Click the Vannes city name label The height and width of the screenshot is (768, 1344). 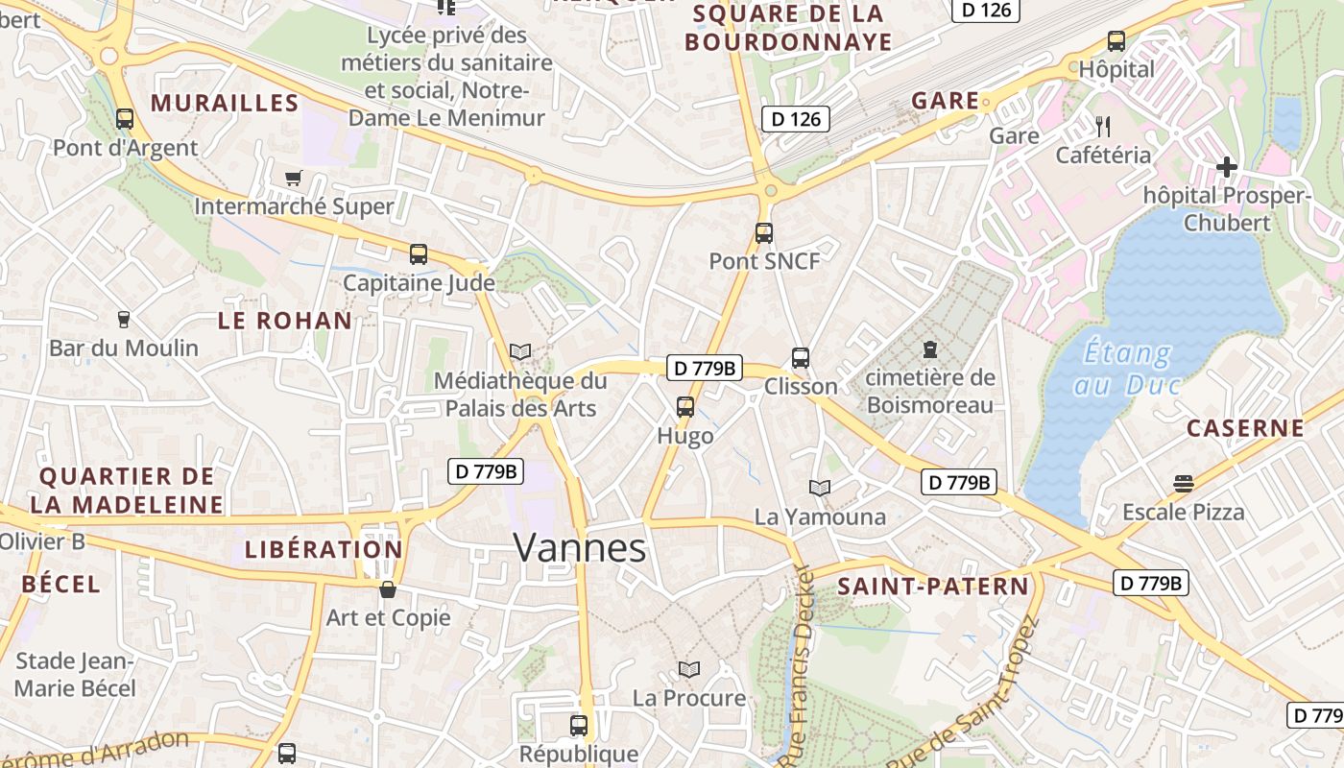(580, 547)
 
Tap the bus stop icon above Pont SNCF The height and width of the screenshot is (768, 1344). (763, 232)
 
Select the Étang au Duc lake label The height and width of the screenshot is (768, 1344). (1127, 369)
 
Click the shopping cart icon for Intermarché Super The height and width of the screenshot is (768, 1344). (294, 178)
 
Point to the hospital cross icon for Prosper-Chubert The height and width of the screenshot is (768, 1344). (1226, 167)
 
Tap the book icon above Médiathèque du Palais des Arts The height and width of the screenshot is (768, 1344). (520, 352)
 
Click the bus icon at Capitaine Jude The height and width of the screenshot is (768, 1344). (418, 254)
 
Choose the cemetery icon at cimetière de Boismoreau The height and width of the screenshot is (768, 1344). (929, 349)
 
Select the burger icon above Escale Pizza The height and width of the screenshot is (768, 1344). (1183, 484)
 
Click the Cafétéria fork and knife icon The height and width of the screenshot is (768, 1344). (1102, 125)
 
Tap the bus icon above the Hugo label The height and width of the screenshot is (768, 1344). (684, 406)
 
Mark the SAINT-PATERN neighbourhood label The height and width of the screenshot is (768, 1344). (932, 587)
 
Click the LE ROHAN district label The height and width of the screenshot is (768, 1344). (285, 321)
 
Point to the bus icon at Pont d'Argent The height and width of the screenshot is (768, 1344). (124, 119)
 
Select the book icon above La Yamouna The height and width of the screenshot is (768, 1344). (819, 488)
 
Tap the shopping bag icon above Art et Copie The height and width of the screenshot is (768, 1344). (387, 588)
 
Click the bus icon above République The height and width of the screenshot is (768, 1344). (578, 725)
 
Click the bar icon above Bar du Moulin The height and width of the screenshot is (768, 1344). (123, 319)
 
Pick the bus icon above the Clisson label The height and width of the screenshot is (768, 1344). (801, 358)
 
